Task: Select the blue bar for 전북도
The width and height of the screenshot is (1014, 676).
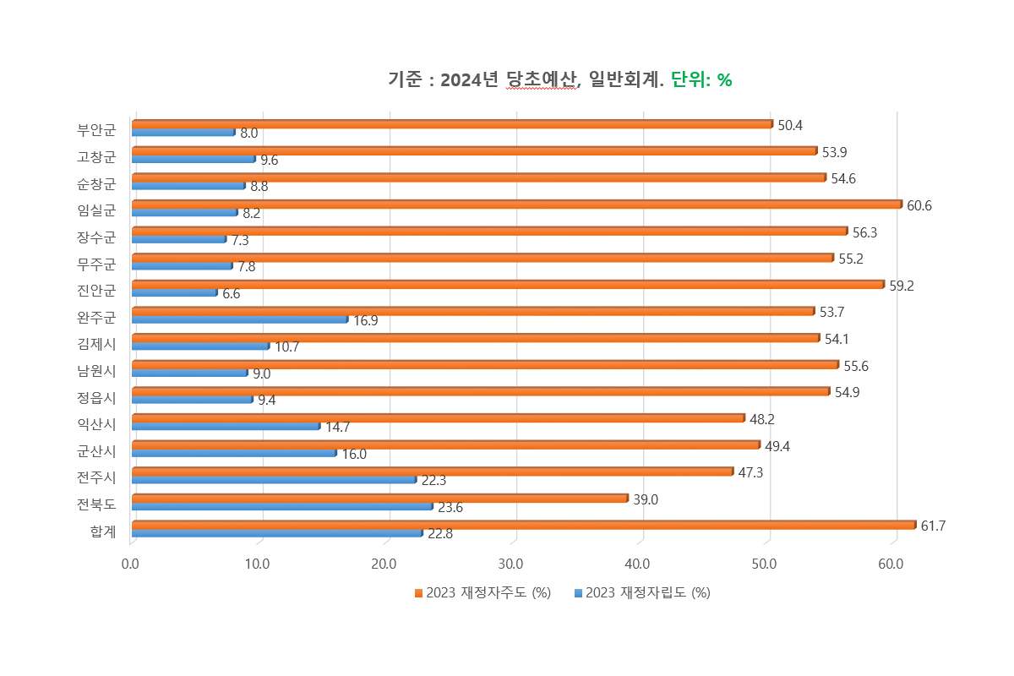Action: click(282, 506)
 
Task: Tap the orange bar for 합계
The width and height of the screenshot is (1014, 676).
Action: click(523, 525)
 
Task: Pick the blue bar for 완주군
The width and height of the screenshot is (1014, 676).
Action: click(240, 319)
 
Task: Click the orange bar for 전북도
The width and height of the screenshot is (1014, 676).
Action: click(379, 498)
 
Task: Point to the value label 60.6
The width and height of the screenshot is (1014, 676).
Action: click(919, 205)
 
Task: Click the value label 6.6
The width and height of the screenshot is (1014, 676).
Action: click(232, 294)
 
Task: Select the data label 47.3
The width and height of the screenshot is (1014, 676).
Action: click(750, 472)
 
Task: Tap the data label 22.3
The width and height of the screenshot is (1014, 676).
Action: click(433, 481)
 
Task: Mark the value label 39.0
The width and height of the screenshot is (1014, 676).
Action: click(646, 499)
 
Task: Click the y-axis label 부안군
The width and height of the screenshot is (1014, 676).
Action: click(95, 129)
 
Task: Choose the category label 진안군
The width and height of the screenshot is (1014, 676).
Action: click(95, 290)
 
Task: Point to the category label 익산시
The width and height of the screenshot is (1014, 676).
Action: click(95, 423)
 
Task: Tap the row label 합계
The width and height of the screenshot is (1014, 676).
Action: click(102, 531)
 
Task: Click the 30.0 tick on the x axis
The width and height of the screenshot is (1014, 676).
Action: click(512, 564)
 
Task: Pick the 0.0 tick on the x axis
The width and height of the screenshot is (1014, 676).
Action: click(131, 564)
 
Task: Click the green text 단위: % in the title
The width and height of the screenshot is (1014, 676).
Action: click(701, 80)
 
